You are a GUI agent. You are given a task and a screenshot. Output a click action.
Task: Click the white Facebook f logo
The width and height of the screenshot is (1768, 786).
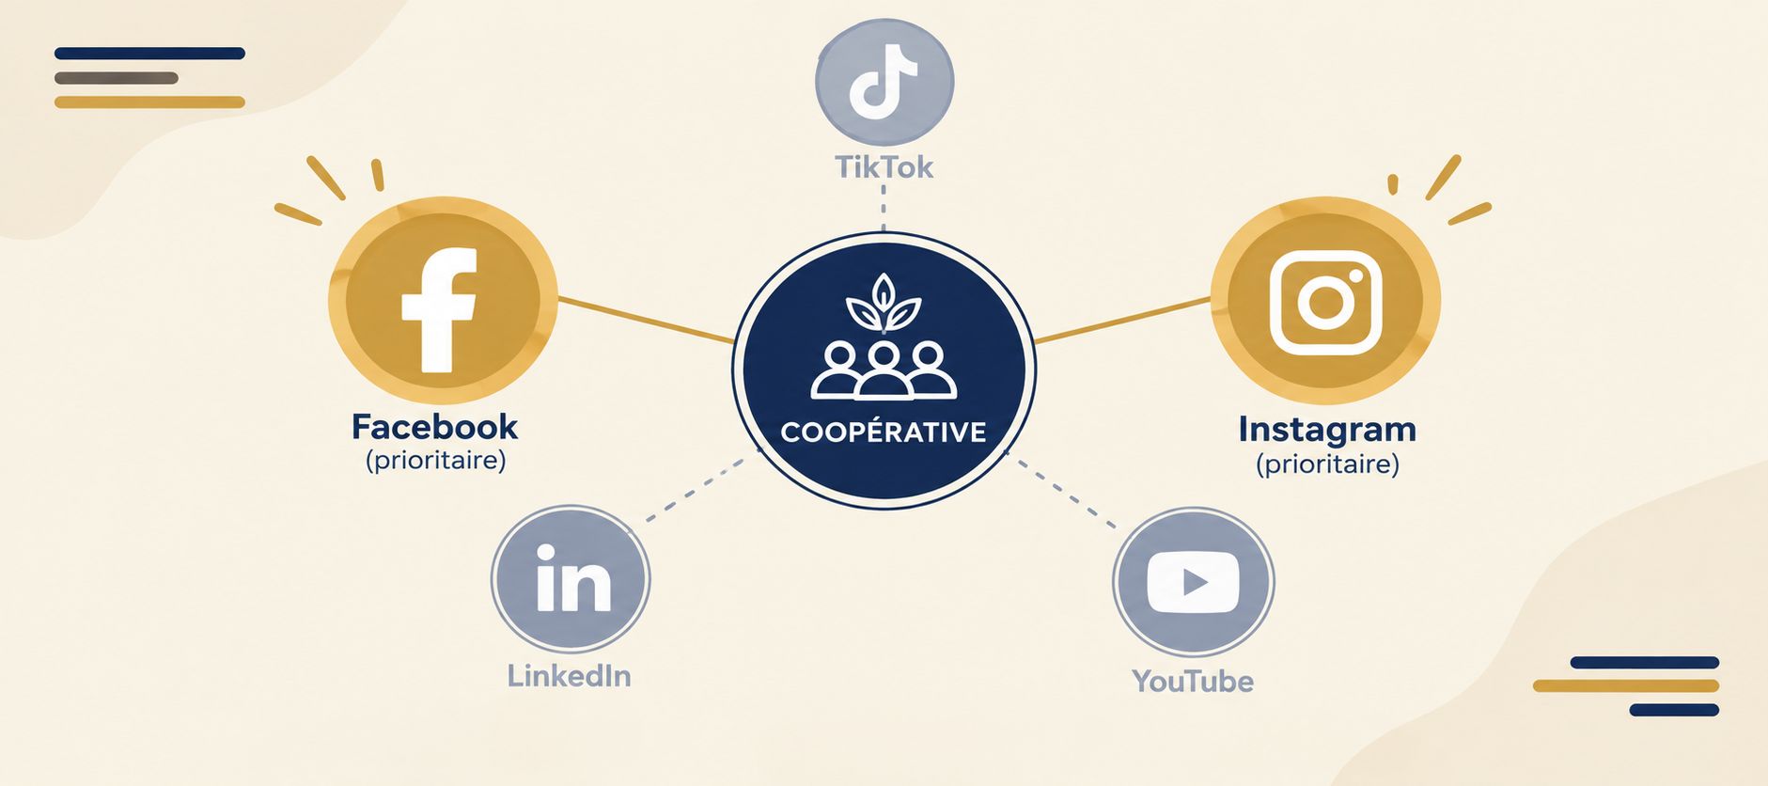pyautogui.click(x=439, y=310)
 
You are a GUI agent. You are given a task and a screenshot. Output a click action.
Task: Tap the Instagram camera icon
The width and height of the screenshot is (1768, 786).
pyautogui.click(x=1325, y=302)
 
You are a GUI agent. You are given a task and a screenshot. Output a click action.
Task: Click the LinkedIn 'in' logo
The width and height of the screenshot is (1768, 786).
pyautogui.click(x=572, y=578)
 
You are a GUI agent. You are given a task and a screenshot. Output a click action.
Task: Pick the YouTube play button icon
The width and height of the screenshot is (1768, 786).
pyautogui.click(x=1193, y=582)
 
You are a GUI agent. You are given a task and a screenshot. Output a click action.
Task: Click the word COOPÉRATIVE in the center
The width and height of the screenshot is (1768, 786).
pyautogui.click(x=884, y=432)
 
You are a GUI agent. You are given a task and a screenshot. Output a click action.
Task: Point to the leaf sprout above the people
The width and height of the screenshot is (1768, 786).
pyautogui.click(x=884, y=302)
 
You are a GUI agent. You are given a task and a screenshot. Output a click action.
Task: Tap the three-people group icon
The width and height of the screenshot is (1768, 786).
pyautogui.click(x=884, y=370)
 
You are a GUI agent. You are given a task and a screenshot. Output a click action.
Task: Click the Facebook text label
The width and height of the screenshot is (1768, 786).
pyautogui.click(x=434, y=428)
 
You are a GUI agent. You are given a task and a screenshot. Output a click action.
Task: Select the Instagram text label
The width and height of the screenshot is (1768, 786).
pyautogui.click(x=1327, y=430)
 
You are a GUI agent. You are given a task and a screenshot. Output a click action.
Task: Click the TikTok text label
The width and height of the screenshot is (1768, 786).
pyautogui.click(x=884, y=167)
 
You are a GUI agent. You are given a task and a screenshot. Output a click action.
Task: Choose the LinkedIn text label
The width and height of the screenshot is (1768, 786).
pyautogui.click(x=569, y=676)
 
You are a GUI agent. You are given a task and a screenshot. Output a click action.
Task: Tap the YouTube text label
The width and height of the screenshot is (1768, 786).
pyautogui.click(x=1193, y=681)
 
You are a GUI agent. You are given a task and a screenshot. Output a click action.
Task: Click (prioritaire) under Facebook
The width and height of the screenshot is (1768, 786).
pyautogui.click(x=435, y=461)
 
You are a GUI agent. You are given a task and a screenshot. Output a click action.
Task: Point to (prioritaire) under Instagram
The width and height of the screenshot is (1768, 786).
pyautogui.click(x=1327, y=464)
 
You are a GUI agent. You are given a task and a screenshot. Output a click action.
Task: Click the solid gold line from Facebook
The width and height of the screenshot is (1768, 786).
pyautogui.click(x=646, y=320)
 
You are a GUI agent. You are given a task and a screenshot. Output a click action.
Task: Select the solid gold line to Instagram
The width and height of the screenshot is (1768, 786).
pyautogui.click(x=1122, y=321)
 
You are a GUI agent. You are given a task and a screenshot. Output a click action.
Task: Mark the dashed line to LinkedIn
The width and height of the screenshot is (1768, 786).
pyautogui.click(x=698, y=489)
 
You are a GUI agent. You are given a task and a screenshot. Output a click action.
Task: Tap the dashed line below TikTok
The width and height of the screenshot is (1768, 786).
pyautogui.click(x=884, y=208)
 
